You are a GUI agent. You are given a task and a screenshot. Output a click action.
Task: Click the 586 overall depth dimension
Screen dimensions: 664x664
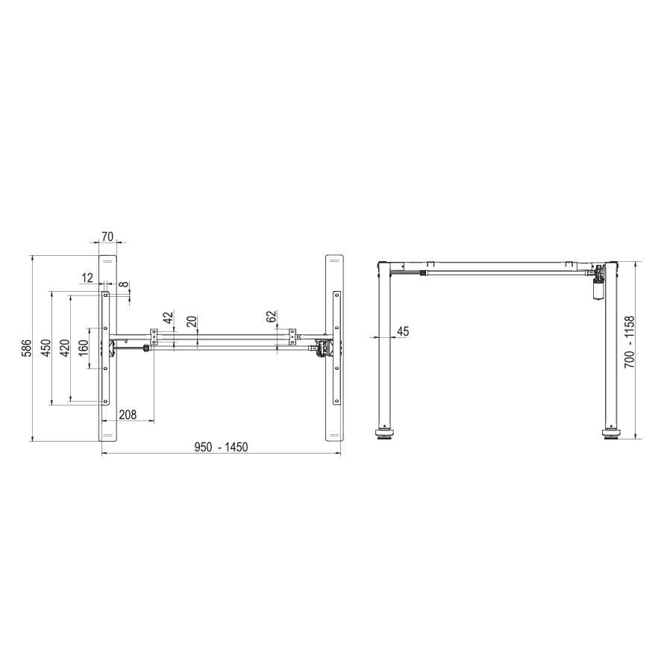click(x=26, y=348)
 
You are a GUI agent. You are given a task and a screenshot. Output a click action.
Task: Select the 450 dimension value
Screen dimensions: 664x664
click(x=46, y=348)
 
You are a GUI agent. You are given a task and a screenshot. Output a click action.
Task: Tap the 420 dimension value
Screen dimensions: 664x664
click(x=65, y=348)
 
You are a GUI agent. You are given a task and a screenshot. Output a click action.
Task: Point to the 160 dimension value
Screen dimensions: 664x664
click(x=84, y=348)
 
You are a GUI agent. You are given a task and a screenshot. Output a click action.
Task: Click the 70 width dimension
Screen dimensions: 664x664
click(x=108, y=237)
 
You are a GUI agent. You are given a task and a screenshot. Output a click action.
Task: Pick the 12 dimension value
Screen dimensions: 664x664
click(x=87, y=278)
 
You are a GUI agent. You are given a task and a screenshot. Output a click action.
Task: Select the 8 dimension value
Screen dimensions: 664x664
click(x=123, y=284)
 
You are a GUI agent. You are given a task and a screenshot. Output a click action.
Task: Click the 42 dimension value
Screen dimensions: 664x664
click(x=168, y=317)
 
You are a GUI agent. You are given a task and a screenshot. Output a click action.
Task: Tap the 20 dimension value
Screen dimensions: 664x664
click(x=192, y=322)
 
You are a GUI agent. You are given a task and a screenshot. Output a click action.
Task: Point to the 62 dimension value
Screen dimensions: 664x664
click(x=271, y=317)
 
